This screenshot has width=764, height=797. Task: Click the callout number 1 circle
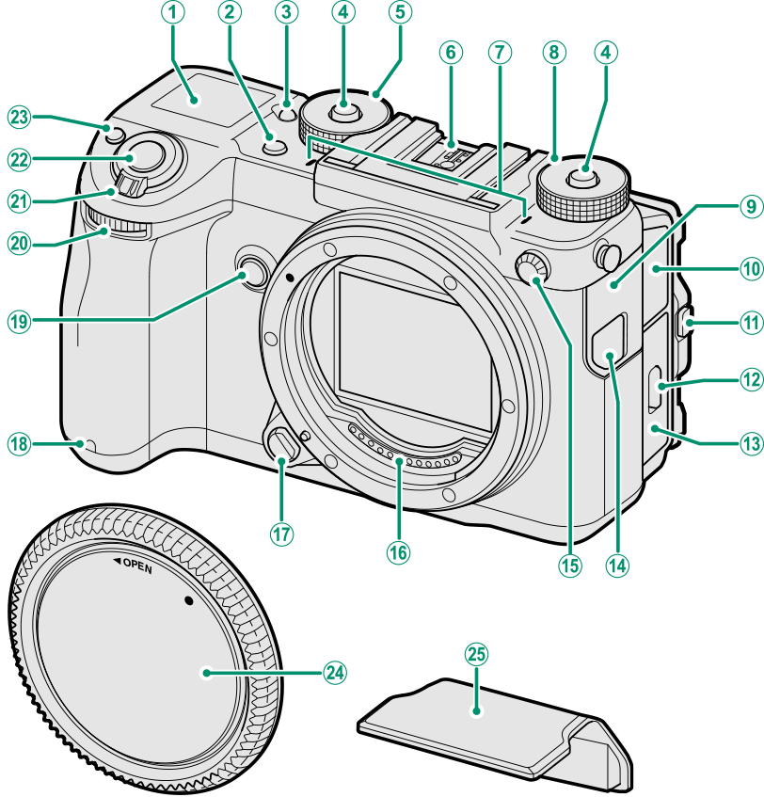(173, 12)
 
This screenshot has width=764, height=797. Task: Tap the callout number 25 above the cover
(476, 654)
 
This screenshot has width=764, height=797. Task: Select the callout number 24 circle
(334, 673)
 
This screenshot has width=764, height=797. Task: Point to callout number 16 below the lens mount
(398, 552)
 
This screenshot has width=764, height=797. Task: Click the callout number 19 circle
(20, 322)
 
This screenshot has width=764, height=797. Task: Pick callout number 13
(751, 444)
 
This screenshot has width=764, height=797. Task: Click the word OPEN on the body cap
(137, 566)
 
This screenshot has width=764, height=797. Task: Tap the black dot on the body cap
(188, 600)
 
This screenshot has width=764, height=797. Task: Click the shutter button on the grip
(135, 157)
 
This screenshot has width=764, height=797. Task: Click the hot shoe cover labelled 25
(496, 731)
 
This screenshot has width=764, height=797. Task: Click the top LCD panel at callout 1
(192, 104)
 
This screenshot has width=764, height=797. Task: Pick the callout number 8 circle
(553, 52)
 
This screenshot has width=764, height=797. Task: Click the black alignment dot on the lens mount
(290, 278)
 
